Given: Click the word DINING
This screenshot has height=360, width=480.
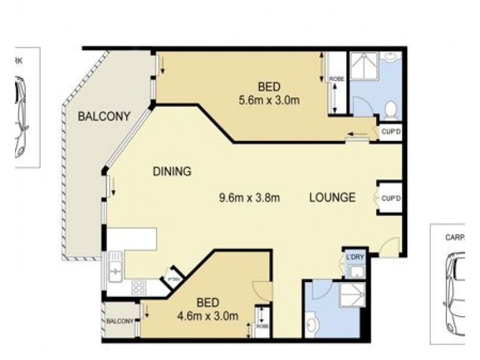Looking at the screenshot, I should click(x=172, y=172).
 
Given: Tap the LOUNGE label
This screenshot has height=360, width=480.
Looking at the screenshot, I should click(x=333, y=197).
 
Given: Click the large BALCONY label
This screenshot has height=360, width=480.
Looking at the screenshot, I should click(x=104, y=117).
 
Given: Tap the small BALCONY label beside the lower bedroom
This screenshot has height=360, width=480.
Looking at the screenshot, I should click(x=120, y=321).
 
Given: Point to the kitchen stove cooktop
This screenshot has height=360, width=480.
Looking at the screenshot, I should click(x=139, y=287).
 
